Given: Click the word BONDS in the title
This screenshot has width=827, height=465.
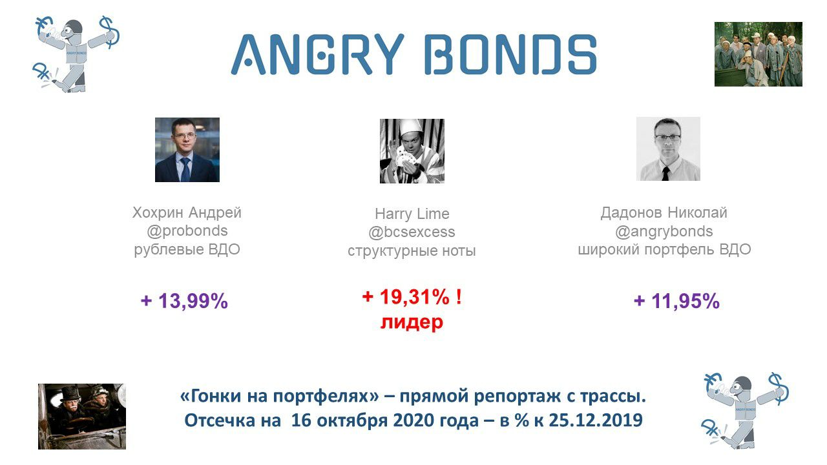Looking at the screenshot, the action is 510,55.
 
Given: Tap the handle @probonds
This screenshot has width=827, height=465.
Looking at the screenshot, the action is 187,231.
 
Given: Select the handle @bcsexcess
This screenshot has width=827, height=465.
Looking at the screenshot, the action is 412,232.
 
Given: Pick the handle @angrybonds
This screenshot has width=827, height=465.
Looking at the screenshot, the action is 664,231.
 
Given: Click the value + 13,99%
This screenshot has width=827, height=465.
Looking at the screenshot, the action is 184,301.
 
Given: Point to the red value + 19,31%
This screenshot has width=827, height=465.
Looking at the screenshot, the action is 406,296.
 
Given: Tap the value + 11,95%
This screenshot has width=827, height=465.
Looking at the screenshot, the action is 676,301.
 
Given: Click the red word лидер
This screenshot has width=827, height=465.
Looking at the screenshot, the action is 412,322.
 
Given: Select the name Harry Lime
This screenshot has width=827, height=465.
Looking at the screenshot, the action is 412,214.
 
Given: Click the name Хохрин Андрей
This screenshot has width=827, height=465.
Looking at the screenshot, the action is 187,212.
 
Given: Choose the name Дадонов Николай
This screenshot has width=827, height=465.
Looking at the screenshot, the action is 664,212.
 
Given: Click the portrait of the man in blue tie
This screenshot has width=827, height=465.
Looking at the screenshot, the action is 187,150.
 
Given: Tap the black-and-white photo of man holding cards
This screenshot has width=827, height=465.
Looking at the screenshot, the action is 412,151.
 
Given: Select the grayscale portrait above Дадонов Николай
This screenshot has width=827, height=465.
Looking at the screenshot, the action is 668,149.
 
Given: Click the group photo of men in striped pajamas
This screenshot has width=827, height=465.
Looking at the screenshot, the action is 759,54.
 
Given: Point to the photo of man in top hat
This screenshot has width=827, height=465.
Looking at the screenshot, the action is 82,417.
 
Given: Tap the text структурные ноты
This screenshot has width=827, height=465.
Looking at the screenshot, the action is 412,251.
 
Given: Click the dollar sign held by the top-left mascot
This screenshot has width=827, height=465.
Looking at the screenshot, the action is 109,32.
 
